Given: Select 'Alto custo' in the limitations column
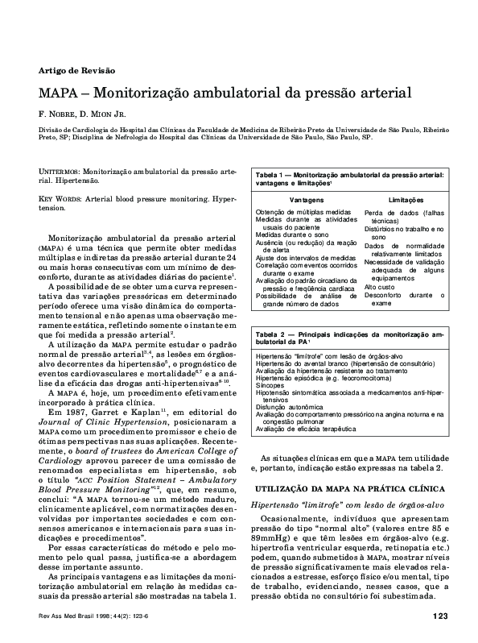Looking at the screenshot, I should pyautogui.click(x=380, y=286).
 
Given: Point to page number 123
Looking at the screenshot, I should pyautogui.click(x=439, y=616).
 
